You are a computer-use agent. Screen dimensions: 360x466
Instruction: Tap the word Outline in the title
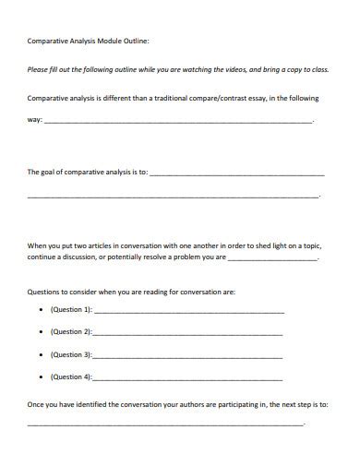tap(136, 42)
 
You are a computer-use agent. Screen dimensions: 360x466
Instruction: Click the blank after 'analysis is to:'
tap(236, 173)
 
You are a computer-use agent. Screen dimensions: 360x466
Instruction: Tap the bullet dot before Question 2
tap(41, 331)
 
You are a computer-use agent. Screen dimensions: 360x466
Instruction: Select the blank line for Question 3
tap(188, 356)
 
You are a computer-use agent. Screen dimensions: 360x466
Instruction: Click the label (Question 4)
tap(71, 376)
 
